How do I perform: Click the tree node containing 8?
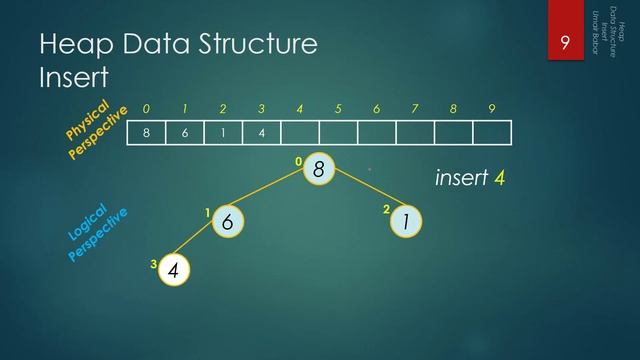click(318, 170)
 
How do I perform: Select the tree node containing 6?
click(228, 223)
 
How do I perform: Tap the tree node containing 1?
click(406, 223)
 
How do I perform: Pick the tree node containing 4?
click(174, 269)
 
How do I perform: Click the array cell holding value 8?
click(147, 133)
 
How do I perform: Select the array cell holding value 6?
click(185, 133)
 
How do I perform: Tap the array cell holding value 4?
click(262, 133)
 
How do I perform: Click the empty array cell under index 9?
click(492, 133)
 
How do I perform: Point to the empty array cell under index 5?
click(338, 133)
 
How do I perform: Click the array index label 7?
click(415, 108)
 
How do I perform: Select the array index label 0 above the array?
click(147, 108)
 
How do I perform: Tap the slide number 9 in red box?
click(565, 43)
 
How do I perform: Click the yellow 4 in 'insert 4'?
click(498, 178)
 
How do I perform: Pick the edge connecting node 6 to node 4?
click(201, 246)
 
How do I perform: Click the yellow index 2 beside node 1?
click(386, 210)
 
